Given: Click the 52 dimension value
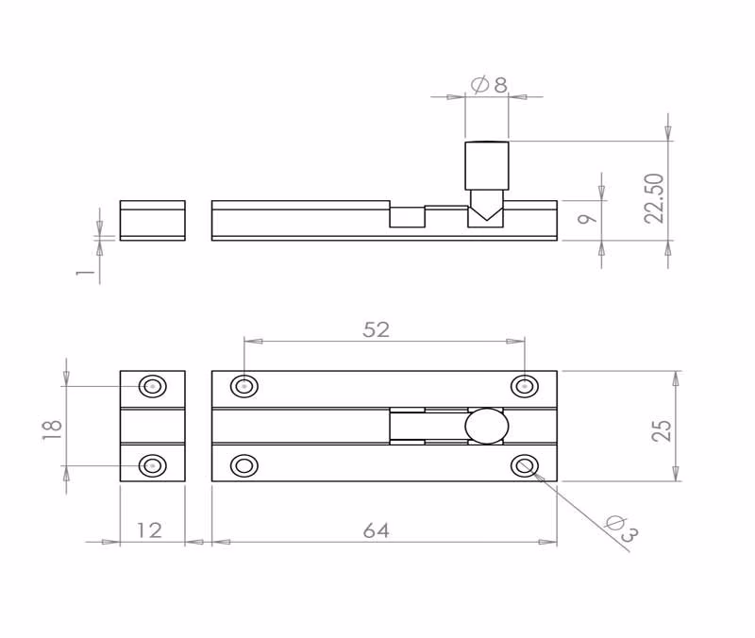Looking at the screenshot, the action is coord(376,329).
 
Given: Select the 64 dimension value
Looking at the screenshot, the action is coord(376,530).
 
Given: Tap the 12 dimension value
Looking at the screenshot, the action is coord(149,530).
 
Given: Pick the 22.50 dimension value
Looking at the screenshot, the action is coord(654,198).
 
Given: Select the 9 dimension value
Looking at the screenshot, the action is coord(587,219).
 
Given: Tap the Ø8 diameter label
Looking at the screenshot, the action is coord(488,85).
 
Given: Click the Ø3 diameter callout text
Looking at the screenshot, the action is coord(621,529).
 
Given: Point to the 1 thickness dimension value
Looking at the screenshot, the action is coord(85,272).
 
